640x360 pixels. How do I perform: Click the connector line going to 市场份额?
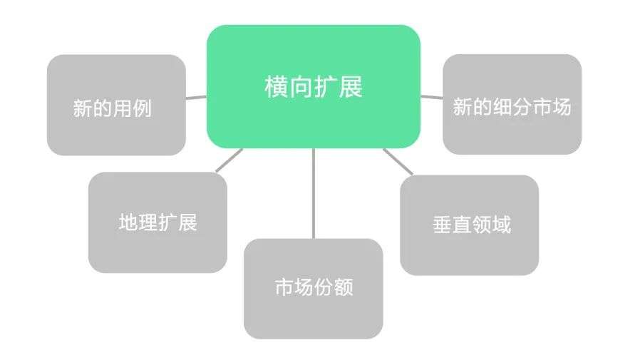pos(313,192)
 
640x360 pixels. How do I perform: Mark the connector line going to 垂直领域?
pos(398,161)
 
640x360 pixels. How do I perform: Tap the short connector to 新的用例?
pos(196,97)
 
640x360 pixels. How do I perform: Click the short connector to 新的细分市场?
pos(431,96)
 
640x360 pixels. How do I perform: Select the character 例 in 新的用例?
pos(143,108)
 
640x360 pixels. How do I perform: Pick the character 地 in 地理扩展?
pos(128,222)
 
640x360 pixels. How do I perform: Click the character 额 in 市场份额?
pos(344,287)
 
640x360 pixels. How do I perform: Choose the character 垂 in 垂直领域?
pos(442,225)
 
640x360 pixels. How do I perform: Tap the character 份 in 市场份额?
pos(324,287)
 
